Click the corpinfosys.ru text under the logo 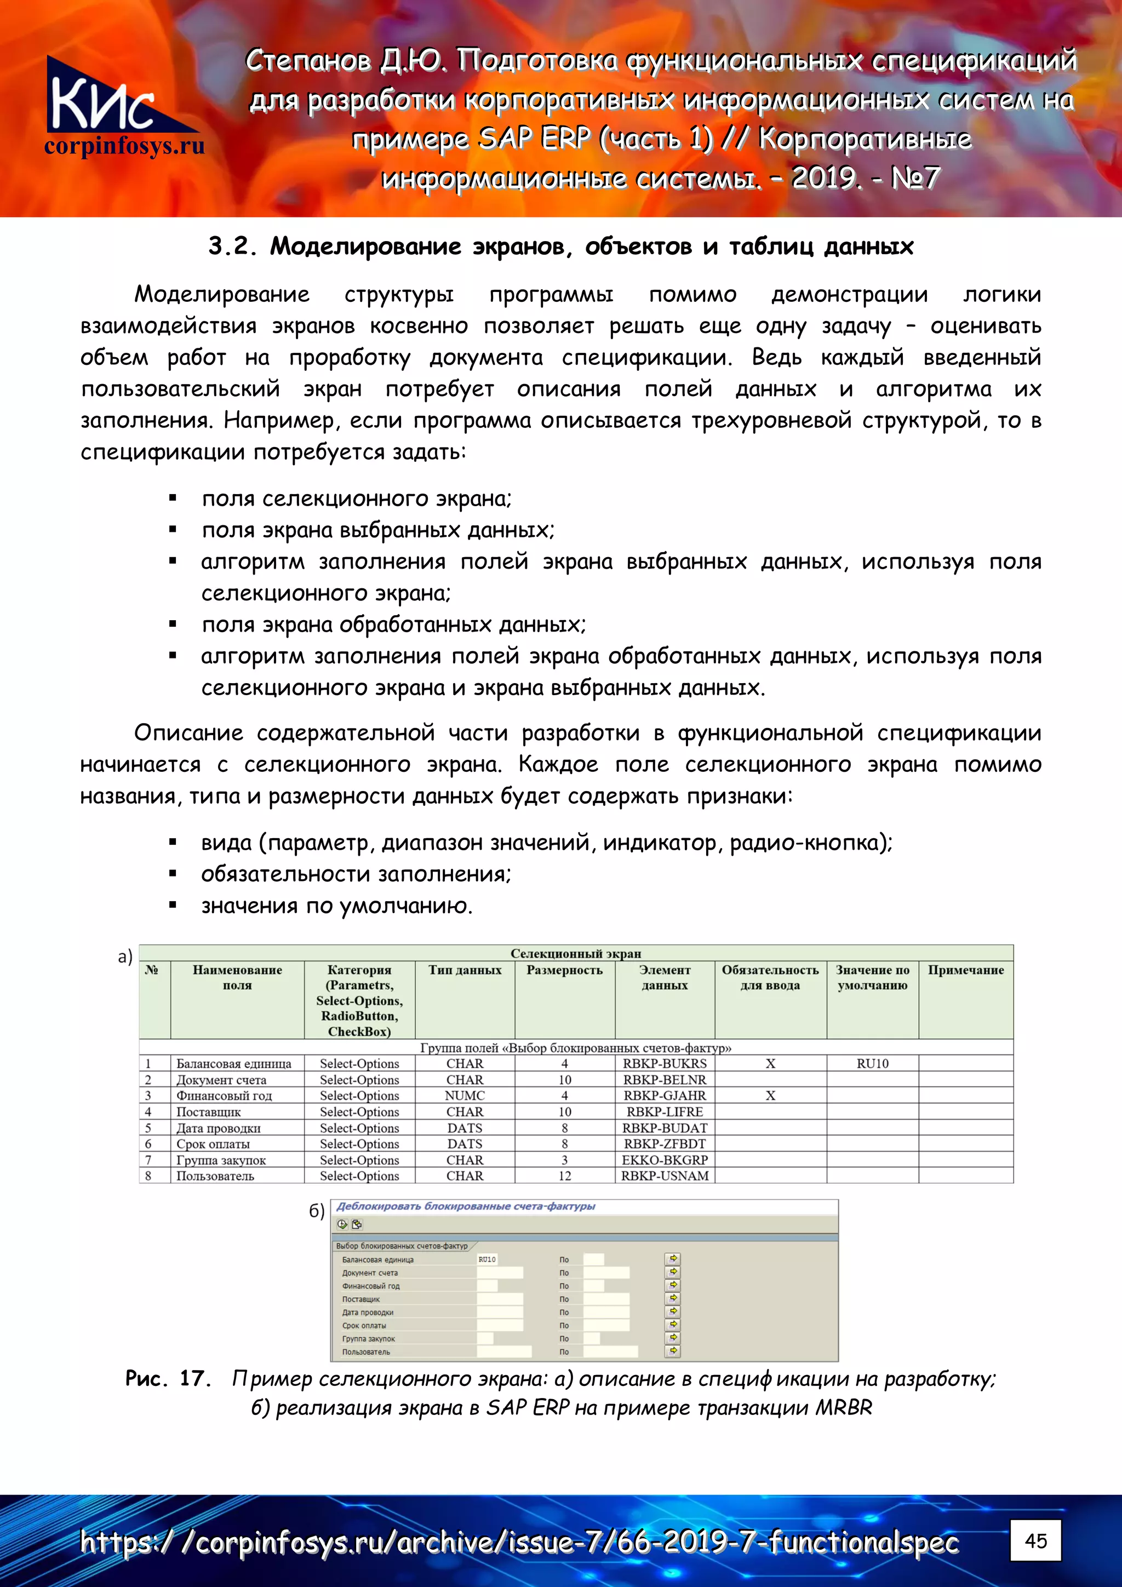pos(124,146)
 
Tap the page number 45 pos(1035,1540)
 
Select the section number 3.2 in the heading pos(232,246)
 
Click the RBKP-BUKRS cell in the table pos(665,1064)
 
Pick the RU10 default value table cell pos(872,1064)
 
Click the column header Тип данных pos(465,970)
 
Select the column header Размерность pos(564,970)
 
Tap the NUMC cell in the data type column pos(465,1096)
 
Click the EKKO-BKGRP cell pos(665,1160)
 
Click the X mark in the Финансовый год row pos(770,1096)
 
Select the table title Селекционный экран pos(575,953)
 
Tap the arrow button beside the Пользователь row pos(673,1350)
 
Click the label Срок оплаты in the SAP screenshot pos(364,1325)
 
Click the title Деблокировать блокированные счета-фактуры pos(465,1206)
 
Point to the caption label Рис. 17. pos(167,1378)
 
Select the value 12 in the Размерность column pos(564,1176)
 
